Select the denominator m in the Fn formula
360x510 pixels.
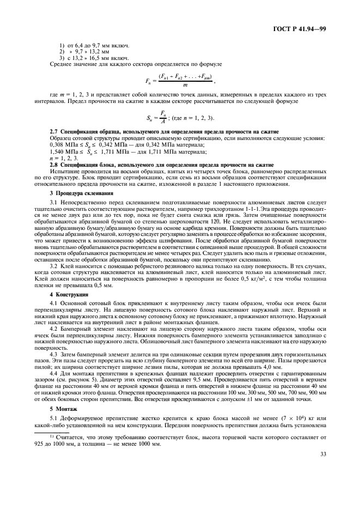185,85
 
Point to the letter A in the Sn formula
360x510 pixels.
175,122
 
